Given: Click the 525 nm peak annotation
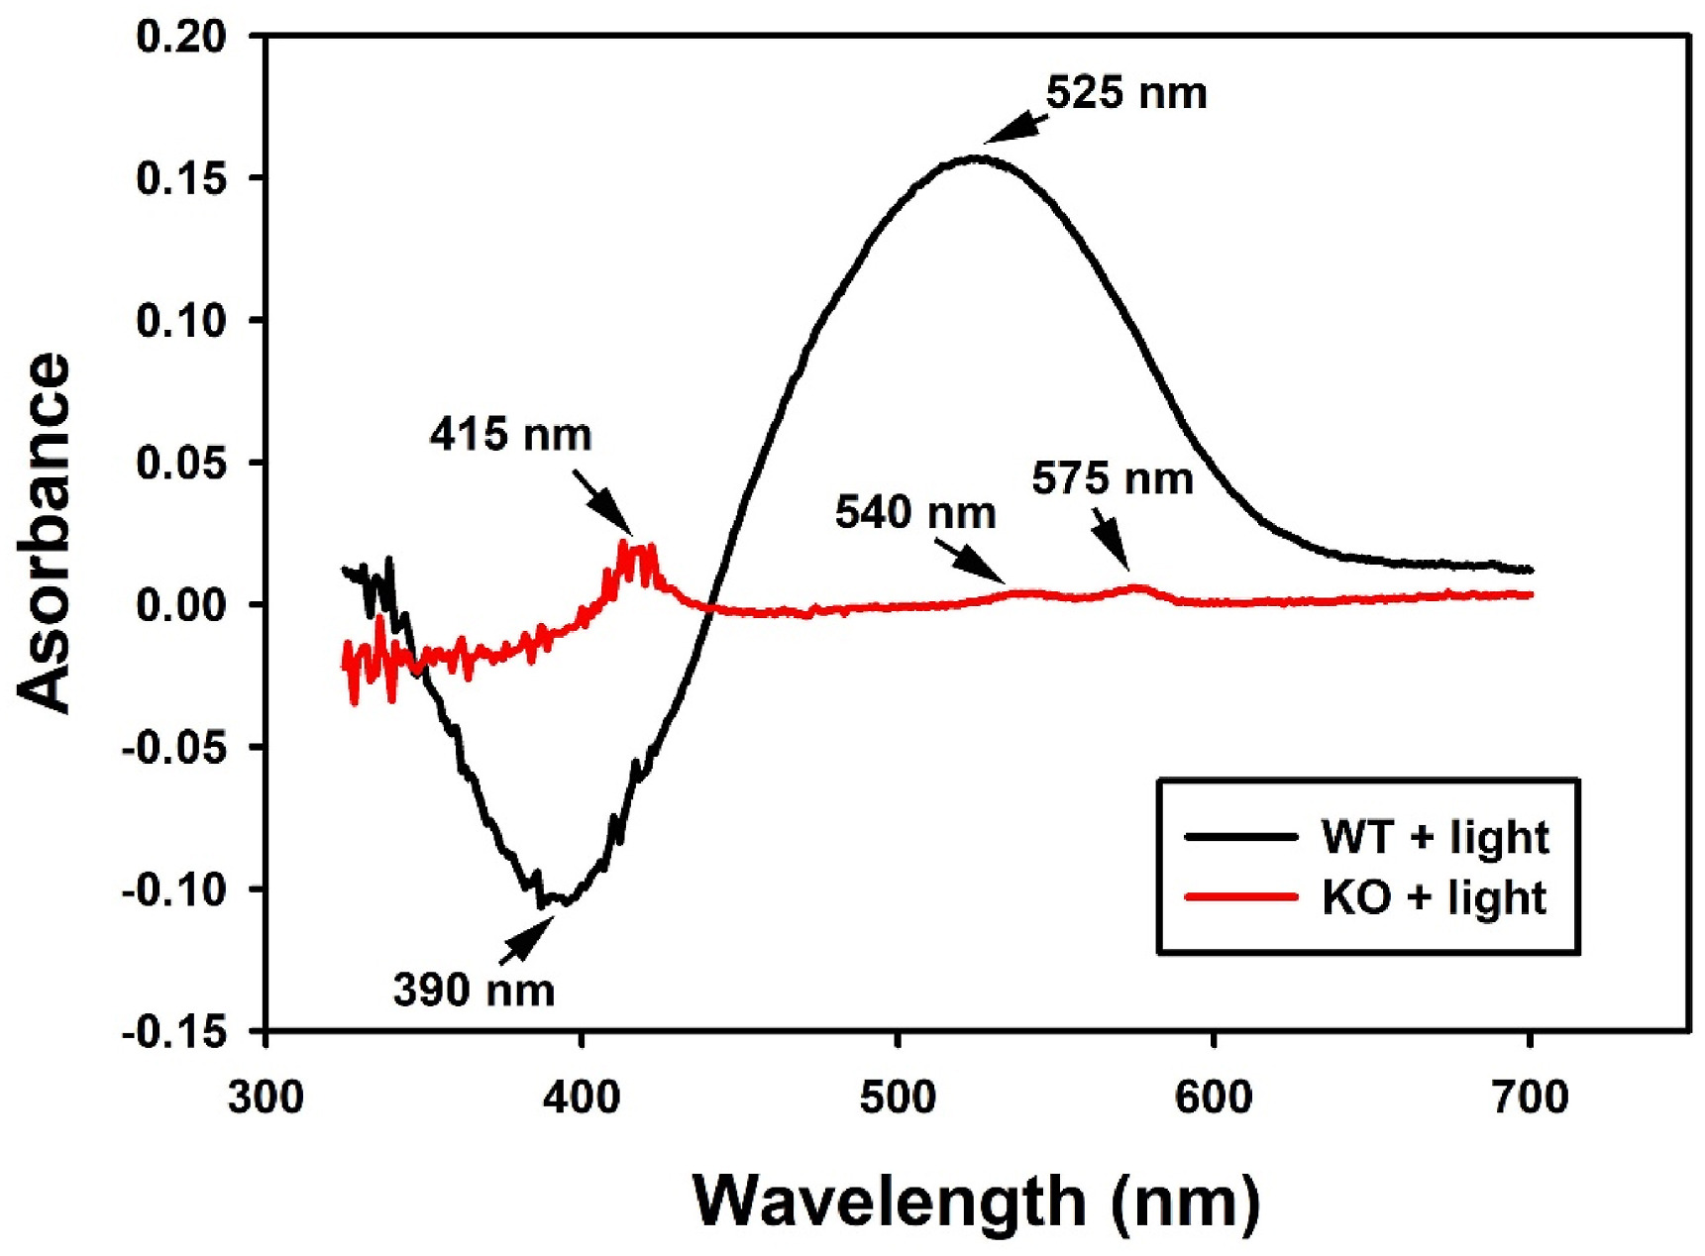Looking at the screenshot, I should pyautogui.click(x=1126, y=94).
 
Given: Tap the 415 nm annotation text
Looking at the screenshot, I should pyautogui.click(x=510, y=435).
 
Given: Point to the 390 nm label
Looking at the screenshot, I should pyautogui.click(x=474, y=990).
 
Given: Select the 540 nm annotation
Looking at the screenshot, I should pyautogui.click(x=915, y=513).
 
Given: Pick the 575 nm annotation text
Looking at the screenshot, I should pyautogui.click(x=1112, y=479).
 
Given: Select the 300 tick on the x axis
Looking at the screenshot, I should pyautogui.click(x=266, y=1098).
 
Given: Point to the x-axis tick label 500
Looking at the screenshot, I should pyautogui.click(x=898, y=1098).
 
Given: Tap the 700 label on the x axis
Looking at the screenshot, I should pyautogui.click(x=1530, y=1098).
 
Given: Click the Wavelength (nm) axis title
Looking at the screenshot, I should pyautogui.click(x=976, y=1202).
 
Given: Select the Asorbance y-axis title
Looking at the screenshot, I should pyautogui.click(x=45, y=532).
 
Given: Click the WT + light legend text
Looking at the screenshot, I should pyautogui.click(x=1435, y=837).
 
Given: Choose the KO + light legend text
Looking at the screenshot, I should pyautogui.click(x=1434, y=897).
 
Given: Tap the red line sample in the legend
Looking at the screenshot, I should pyautogui.click(x=1241, y=897).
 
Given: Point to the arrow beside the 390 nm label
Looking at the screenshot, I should pyautogui.click(x=525, y=939).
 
